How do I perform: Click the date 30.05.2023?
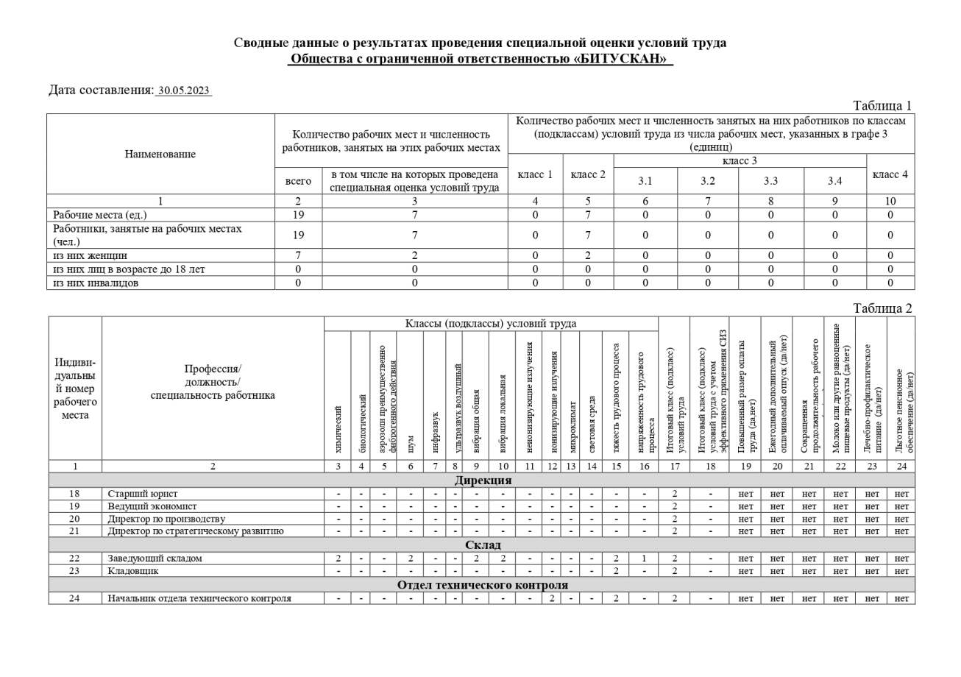184,91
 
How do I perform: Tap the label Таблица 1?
882,105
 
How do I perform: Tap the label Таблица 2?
882,308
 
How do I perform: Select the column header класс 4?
890,174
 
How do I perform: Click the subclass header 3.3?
771,180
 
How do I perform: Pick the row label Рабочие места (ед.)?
100,215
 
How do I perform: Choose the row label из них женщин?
90,255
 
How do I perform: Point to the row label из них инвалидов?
96,283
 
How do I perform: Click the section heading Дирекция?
482,481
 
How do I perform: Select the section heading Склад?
483,545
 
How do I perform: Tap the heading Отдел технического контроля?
482,585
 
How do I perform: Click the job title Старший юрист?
143,494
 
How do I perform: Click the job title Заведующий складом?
155,559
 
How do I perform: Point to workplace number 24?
74,598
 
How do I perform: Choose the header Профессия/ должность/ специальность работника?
213,382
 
